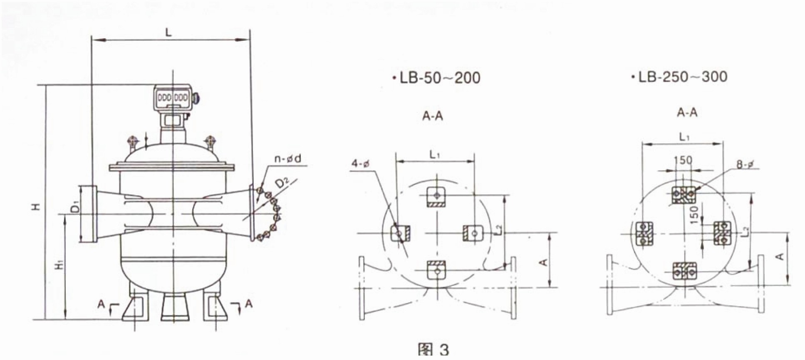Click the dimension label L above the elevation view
[168, 32]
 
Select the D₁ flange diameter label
[74, 207]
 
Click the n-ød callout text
[287, 158]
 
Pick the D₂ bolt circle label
[283, 183]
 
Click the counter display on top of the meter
[173, 98]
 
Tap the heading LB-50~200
[436, 77]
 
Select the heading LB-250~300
[679, 77]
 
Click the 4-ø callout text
[360, 164]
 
